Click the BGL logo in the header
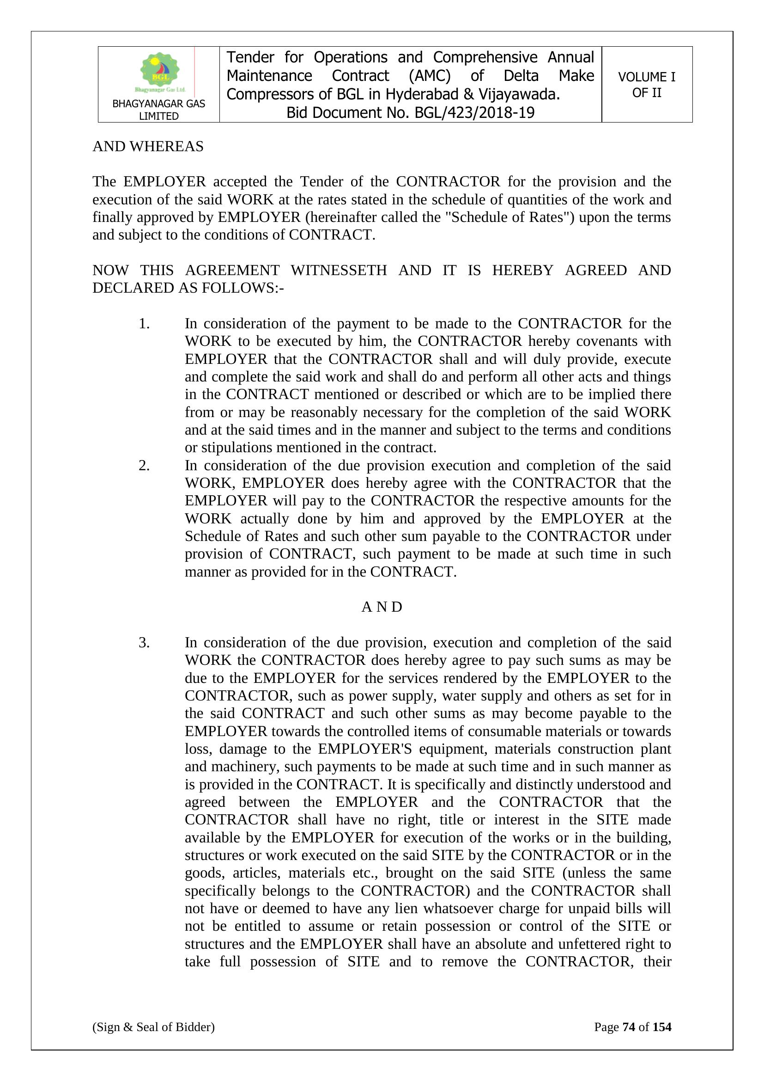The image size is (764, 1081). (160, 72)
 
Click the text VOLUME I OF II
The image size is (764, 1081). (646, 85)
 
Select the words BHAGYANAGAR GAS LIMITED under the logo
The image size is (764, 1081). (158, 110)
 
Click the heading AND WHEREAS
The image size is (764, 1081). (148, 147)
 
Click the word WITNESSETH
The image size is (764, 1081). (339, 270)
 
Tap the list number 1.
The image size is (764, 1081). (144, 324)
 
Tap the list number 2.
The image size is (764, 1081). (144, 465)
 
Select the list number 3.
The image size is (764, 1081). (144, 642)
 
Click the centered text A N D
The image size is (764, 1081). (382, 607)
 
